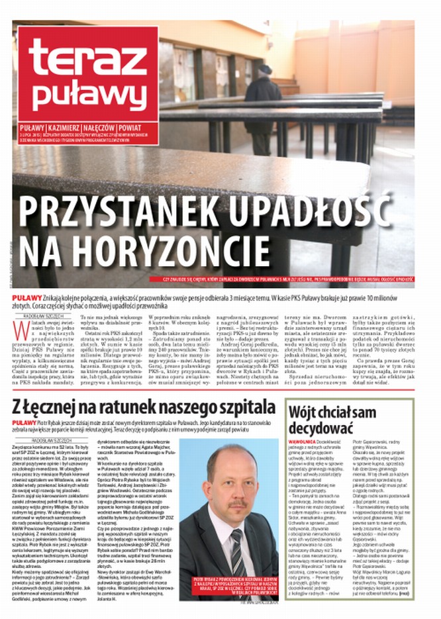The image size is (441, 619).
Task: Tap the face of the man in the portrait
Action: [x=232, y=483]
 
